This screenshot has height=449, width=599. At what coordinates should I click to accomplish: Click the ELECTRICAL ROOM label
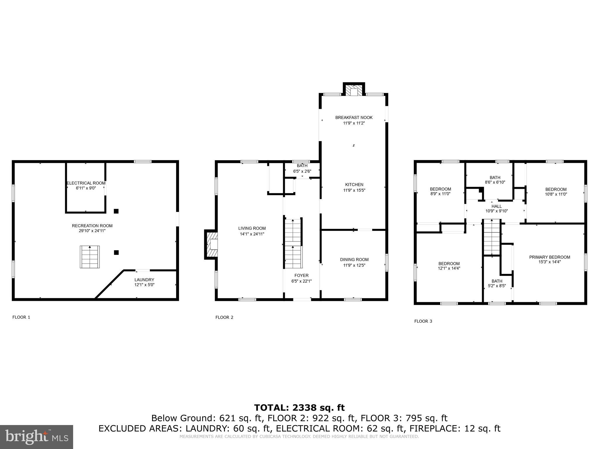[86, 183]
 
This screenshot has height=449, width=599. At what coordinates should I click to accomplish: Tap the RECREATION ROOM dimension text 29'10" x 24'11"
[92, 231]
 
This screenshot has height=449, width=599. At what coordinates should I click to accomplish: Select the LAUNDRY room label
[144, 280]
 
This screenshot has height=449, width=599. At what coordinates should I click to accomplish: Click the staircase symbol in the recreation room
[90, 257]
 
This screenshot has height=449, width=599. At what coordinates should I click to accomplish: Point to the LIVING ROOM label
[252, 228]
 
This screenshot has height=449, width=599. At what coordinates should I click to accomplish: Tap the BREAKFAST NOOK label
[354, 118]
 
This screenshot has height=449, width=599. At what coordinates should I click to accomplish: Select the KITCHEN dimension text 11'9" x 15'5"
[354, 190]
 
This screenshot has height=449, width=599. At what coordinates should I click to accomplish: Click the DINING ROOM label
[354, 260]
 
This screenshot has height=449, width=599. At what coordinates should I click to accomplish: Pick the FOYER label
[301, 275]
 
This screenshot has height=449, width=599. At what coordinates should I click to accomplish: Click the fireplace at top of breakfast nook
[354, 90]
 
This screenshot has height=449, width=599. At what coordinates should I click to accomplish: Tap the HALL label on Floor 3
[496, 206]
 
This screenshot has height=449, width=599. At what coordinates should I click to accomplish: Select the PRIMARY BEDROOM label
[550, 257]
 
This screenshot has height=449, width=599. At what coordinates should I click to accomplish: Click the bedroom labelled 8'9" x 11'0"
[440, 191]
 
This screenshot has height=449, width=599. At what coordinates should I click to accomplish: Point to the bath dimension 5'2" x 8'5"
[497, 286]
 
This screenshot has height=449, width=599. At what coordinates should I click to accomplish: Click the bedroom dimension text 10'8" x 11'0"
[556, 194]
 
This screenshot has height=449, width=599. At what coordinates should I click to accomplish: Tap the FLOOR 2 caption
[224, 317]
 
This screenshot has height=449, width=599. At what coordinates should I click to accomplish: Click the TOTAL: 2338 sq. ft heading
[299, 407]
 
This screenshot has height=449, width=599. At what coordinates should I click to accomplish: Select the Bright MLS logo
[37, 437]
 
